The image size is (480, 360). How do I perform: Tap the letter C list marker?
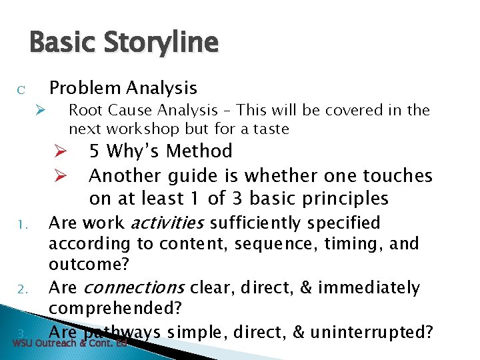21,90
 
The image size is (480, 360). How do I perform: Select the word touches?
397,176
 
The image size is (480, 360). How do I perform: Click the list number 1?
21,224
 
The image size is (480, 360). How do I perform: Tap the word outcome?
88,265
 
